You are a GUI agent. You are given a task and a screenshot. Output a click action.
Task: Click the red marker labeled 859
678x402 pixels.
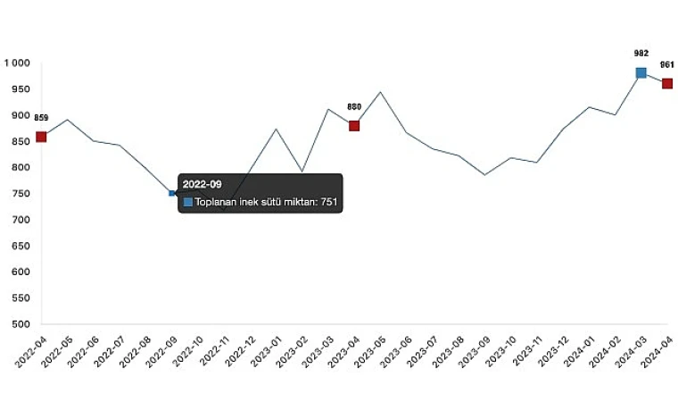click(x=41, y=137)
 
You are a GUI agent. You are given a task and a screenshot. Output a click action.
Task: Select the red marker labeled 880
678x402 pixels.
click(x=354, y=126)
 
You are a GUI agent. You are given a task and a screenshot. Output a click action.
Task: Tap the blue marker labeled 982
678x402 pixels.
click(x=641, y=72)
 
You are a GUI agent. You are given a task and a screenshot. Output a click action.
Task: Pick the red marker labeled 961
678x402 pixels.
click(x=667, y=83)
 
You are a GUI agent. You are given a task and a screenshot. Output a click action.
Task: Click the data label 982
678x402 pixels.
click(x=641, y=54)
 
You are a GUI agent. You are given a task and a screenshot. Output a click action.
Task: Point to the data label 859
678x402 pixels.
click(x=41, y=118)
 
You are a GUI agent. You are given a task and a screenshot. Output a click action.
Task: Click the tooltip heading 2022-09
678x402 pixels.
click(x=202, y=184)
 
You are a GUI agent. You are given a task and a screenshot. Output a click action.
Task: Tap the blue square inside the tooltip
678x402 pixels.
click(x=188, y=203)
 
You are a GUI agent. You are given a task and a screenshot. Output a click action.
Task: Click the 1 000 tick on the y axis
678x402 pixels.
click(x=17, y=63)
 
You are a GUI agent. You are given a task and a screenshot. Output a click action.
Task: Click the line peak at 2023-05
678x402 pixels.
click(x=381, y=92)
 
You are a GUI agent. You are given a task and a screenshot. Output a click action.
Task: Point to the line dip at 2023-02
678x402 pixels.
click(x=302, y=171)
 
